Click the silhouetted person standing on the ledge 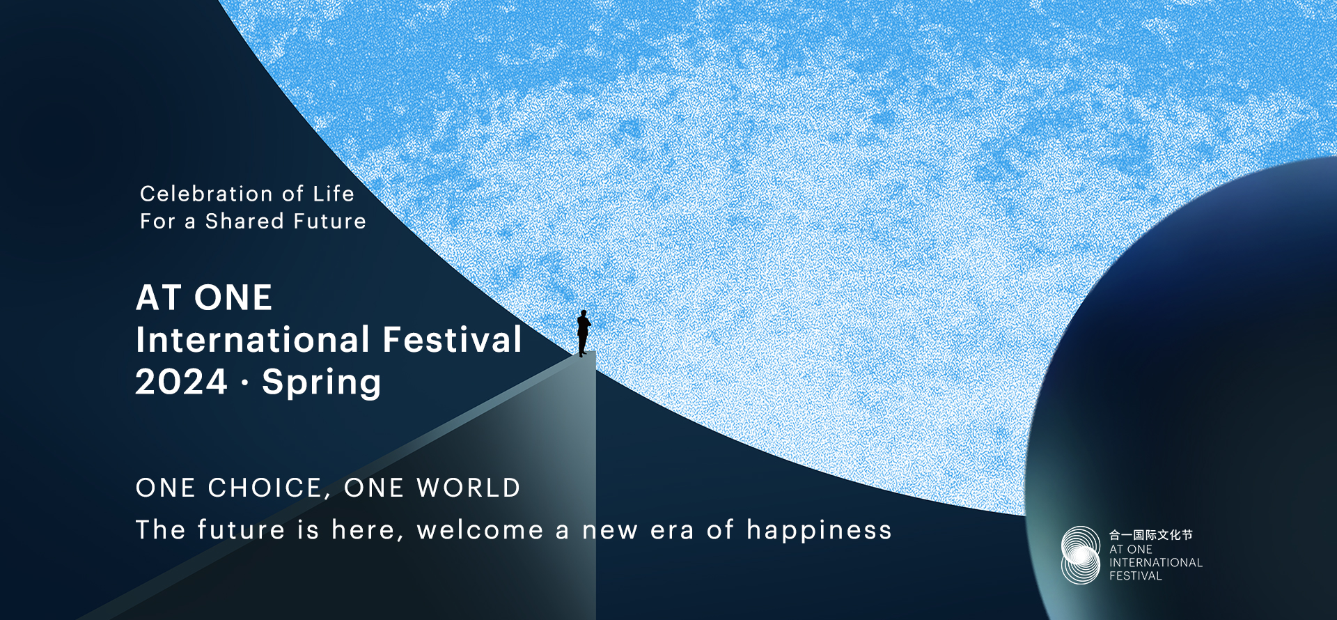pyautogui.click(x=584, y=333)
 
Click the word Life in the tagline pyautogui.click(x=334, y=194)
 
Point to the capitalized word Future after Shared pyautogui.click(x=329, y=221)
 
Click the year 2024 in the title pyautogui.click(x=181, y=382)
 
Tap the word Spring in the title pyautogui.click(x=322, y=384)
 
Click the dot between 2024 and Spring pyautogui.click(x=244, y=382)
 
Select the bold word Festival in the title pyautogui.click(x=453, y=339)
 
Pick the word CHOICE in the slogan pyautogui.click(x=265, y=488)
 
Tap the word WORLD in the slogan pyautogui.click(x=469, y=488)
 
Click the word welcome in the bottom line pyautogui.click(x=480, y=530)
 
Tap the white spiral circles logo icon pyautogui.click(x=1081, y=555)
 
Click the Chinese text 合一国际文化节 pyautogui.click(x=1151, y=535)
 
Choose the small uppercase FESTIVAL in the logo pyautogui.click(x=1136, y=576)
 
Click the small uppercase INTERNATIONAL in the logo pyautogui.click(x=1156, y=563)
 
